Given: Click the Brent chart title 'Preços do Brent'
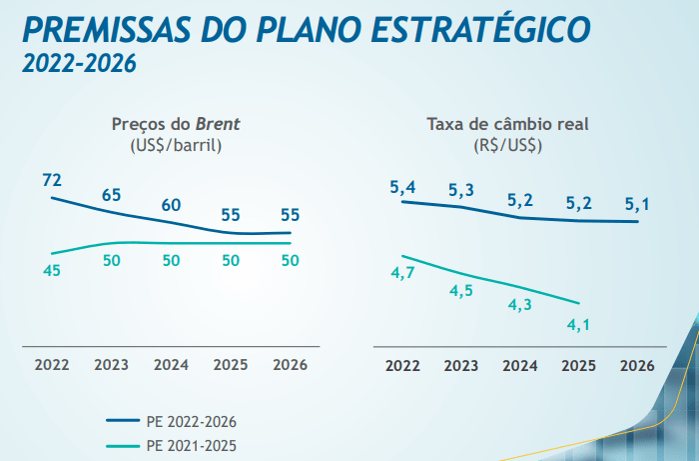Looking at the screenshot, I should click(176, 125).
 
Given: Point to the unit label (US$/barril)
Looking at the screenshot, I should click(176, 145).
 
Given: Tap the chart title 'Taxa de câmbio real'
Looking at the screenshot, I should click(507, 125).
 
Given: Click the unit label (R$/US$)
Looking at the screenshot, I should click(507, 145).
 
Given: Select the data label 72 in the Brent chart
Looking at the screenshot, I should click(52, 180).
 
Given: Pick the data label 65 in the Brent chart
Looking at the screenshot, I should click(112, 195).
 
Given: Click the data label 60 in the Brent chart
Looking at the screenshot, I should click(171, 205).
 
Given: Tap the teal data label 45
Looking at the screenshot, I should click(52, 270).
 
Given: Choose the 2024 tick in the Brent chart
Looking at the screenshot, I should click(171, 365).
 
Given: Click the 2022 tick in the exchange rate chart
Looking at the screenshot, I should click(402, 365).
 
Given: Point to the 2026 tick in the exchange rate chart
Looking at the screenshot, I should click(637, 365).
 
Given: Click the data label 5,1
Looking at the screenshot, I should click(637, 205).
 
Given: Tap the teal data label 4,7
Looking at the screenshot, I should click(402, 273).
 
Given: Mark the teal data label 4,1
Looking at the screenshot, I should click(579, 323).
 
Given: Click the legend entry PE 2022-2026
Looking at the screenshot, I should click(190, 421).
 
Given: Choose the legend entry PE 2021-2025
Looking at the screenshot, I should click(190, 446).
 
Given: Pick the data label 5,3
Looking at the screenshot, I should click(461, 190).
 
